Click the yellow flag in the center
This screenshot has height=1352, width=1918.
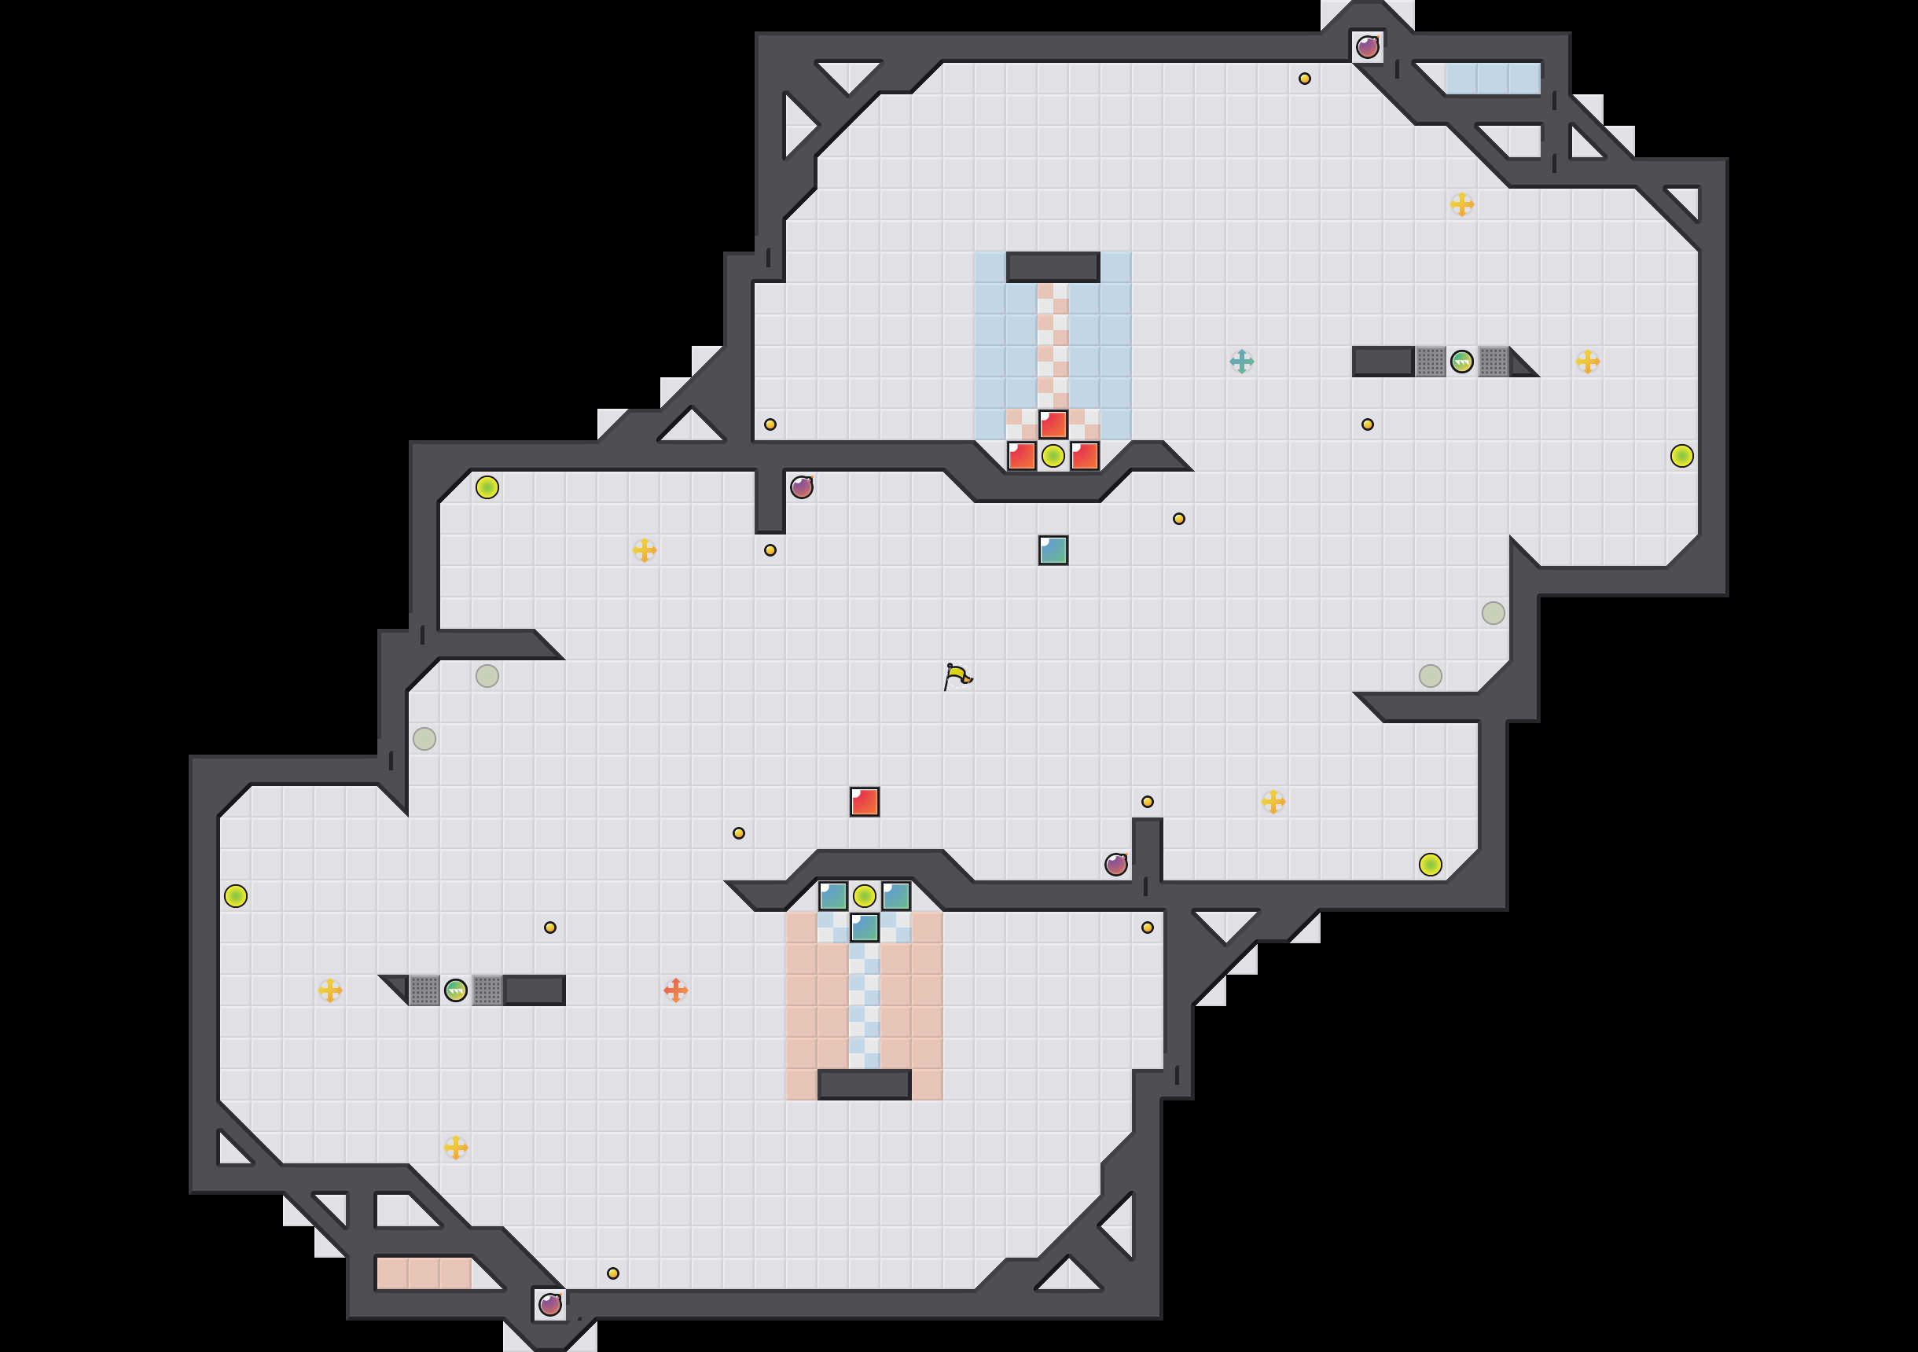[x=957, y=675]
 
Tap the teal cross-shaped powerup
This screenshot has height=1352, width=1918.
[x=1241, y=362]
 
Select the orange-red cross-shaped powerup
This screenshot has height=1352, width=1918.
[x=676, y=990]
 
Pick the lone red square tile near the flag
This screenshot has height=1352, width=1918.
[x=865, y=801]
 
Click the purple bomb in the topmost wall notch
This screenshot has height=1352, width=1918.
[x=1368, y=47]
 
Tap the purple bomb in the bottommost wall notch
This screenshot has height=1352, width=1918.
[x=549, y=1304]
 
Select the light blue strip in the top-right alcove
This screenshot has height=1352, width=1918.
[x=1493, y=79]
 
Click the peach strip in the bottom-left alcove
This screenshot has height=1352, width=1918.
[x=424, y=1273]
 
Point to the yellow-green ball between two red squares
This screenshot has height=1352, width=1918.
[x=1053, y=456]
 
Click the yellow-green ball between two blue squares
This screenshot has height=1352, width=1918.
[x=865, y=896]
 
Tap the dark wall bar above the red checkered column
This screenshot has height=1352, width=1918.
[x=1053, y=267]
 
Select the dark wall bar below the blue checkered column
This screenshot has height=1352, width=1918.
[x=864, y=1085]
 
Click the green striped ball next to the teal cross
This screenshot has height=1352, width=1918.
[x=1462, y=362]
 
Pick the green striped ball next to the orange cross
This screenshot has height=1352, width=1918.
[x=456, y=990]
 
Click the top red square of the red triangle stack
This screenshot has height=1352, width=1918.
[x=1053, y=424]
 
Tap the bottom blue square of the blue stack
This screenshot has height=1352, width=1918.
[x=865, y=928]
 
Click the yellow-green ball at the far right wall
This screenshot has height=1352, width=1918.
[x=1681, y=456]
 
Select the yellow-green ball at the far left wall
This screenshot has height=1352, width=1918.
[x=236, y=896]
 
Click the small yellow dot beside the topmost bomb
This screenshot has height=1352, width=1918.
[x=1305, y=79]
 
